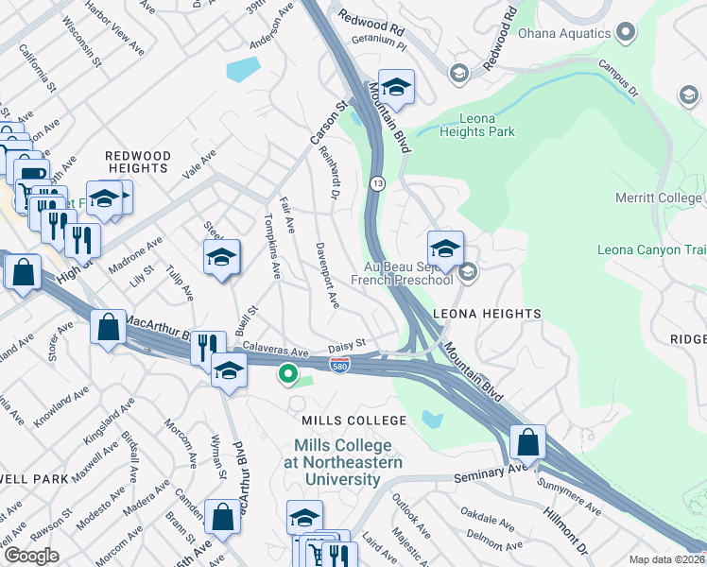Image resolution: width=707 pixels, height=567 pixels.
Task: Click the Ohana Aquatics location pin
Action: (624, 34)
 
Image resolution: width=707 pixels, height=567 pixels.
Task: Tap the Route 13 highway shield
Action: (376, 183)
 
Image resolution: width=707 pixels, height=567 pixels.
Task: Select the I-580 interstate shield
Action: (339, 363)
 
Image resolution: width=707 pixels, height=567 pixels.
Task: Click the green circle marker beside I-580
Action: (285, 375)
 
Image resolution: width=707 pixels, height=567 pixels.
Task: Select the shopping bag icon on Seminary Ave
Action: (527, 442)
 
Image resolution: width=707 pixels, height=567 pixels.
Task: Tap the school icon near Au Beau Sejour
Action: (445, 249)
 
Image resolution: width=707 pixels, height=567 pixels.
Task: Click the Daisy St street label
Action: (346, 346)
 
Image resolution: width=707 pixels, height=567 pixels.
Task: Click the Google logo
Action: (30, 556)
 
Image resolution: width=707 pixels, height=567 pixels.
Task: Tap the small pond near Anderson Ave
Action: (243, 68)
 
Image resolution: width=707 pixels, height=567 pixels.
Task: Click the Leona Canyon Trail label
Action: (652, 250)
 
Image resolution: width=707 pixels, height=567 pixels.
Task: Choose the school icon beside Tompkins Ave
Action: (221, 258)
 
